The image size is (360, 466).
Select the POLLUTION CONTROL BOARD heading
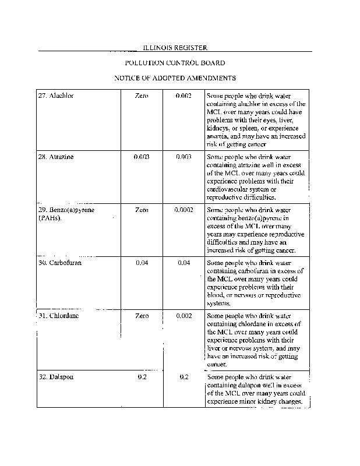click(175, 62)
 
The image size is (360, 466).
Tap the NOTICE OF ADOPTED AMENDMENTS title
click(175, 77)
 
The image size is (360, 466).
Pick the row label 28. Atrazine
click(56, 157)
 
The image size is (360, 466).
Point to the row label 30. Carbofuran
click(60, 263)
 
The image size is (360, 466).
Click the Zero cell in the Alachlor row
click(142, 95)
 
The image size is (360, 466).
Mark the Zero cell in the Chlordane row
click(142, 316)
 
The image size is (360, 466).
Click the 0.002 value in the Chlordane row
click(183, 316)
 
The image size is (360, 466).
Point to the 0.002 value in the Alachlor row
click(183, 95)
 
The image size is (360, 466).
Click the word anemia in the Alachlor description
click(218, 136)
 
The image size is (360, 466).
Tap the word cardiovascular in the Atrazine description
click(228, 190)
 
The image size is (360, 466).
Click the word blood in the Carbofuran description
click(216, 295)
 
